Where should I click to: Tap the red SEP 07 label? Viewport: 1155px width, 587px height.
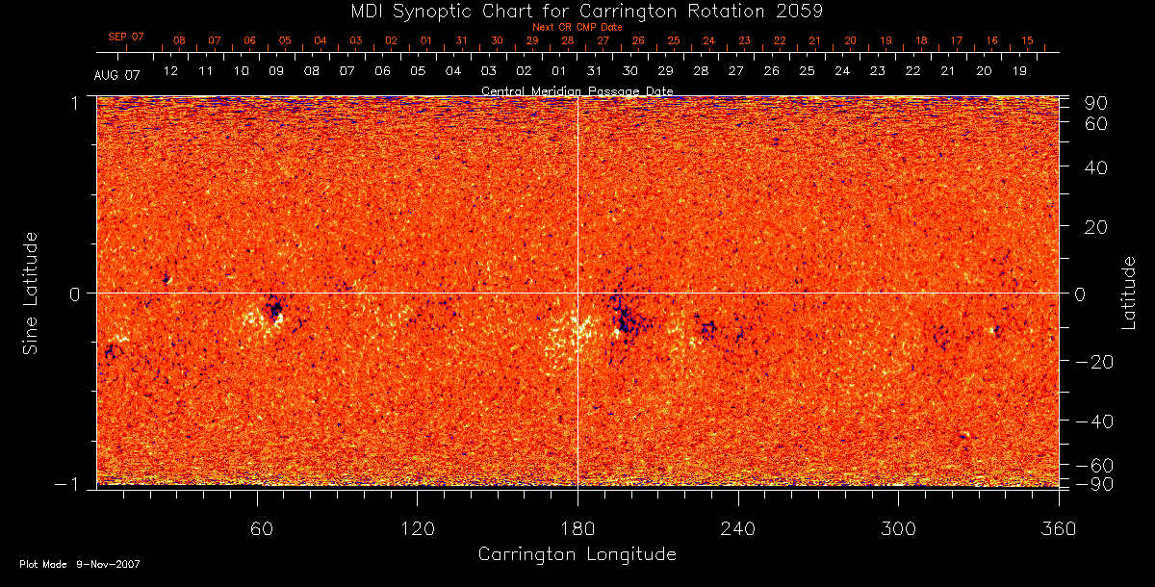[125, 37]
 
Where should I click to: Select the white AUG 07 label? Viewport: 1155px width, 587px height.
[117, 75]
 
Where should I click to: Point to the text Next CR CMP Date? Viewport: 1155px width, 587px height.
[577, 27]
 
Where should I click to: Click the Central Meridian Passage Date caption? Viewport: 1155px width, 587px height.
[577, 90]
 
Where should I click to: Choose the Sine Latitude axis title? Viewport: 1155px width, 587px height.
[31, 292]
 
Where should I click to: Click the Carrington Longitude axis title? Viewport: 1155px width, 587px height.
[577, 554]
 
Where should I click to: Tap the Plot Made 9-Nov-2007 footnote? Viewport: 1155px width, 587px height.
[80, 564]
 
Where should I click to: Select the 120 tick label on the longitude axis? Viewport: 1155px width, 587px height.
[417, 528]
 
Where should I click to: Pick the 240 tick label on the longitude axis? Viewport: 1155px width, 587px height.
[737, 528]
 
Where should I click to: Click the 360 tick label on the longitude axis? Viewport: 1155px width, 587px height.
[1058, 528]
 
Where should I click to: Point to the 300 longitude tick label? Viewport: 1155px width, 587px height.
[898, 528]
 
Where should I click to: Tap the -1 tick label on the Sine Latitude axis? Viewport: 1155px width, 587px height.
[70, 485]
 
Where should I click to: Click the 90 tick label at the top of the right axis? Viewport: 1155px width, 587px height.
[1098, 103]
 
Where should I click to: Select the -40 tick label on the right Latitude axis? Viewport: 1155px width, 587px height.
[1093, 421]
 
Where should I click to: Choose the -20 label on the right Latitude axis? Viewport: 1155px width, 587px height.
[1093, 361]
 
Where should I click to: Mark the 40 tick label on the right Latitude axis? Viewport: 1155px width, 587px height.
[1098, 167]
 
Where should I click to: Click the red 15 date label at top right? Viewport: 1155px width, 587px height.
[1027, 40]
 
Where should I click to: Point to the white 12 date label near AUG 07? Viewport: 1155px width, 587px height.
[170, 71]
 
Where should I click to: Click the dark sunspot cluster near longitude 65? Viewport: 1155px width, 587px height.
[274, 310]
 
